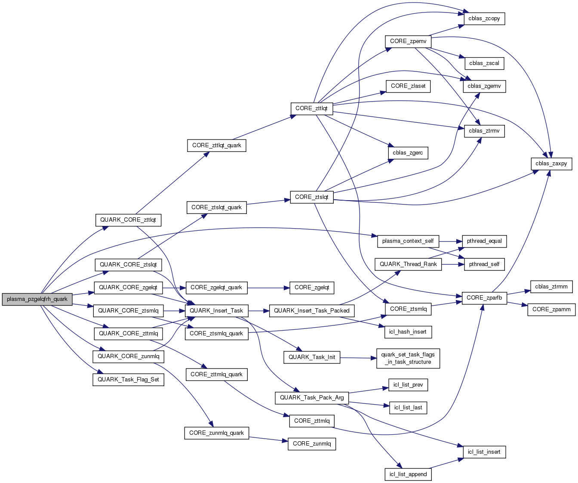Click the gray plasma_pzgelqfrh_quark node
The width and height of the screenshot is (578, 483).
tap(37, 299)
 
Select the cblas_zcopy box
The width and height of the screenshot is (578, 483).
tap(484, 19)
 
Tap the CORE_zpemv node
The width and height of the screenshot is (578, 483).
tap(408, 41)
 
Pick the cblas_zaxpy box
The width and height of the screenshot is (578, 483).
tap(551, 164)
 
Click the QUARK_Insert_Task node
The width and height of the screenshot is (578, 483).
tap(216, 310)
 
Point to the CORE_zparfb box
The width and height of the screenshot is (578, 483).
tap(484, 297)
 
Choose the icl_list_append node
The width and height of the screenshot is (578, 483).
tap(408, 474)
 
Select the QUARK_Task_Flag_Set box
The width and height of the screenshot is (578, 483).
tap(128, 380)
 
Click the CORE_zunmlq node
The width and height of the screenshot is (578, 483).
tap(312, 444)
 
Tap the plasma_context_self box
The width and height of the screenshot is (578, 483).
tap(408, 241)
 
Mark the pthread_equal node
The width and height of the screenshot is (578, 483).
tap(484, 241)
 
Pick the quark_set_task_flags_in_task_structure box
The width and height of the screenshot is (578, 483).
tap(408, 358)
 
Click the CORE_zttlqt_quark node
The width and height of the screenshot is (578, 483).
tap(217, 146)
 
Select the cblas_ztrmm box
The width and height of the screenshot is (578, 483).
tap(551, 287)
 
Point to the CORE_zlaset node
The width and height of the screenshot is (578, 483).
tap(408, 86)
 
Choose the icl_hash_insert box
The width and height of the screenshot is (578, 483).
tap(408, 332)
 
